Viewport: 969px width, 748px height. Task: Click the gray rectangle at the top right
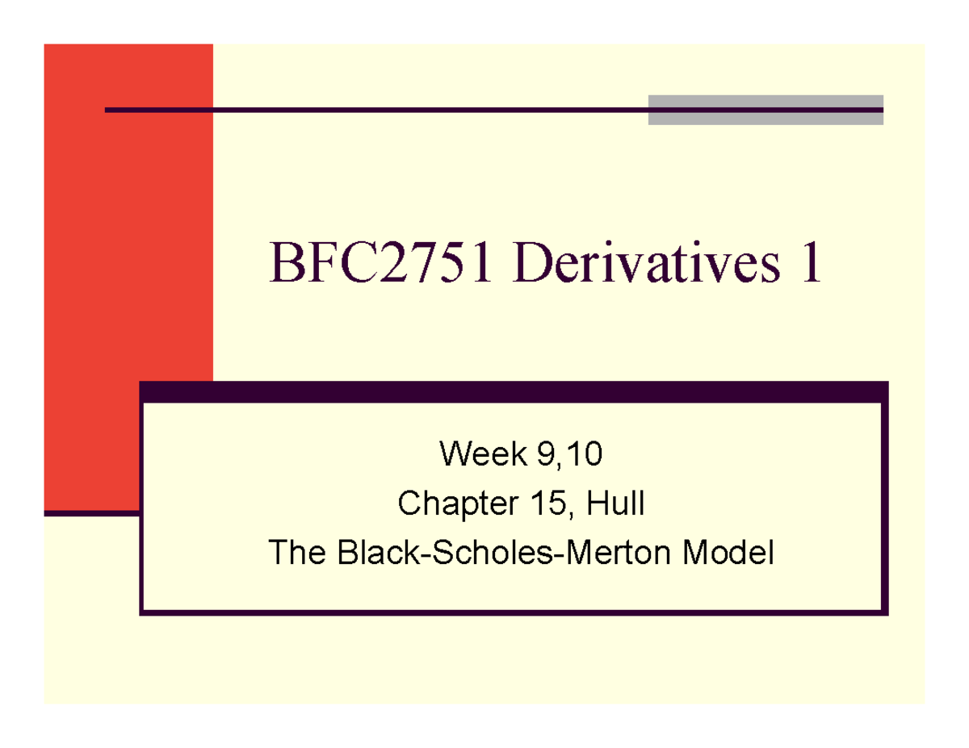[765, 110]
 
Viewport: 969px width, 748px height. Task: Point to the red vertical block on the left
[128, 274]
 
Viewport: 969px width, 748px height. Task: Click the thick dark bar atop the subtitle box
[514, 391]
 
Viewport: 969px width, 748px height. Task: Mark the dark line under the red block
[91, 512]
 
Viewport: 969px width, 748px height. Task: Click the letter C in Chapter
[409, 505]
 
